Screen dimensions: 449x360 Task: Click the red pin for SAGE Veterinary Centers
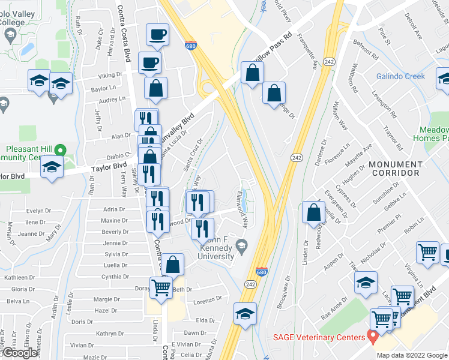373,337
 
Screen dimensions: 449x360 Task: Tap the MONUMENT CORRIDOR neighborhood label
396,169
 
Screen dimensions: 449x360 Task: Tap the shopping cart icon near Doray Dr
161,289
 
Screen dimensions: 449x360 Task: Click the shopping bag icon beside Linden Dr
314,213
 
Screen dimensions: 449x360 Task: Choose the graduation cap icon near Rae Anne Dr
366,283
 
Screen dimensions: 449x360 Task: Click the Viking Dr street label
110,76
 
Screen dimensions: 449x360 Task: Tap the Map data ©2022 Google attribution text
411,355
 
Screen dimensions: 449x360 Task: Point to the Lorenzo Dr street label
208,299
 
